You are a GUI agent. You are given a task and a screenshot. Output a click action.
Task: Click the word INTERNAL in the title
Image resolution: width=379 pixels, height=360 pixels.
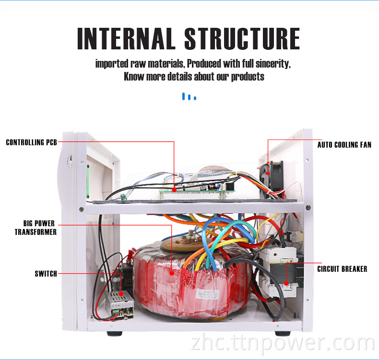click(126, 39)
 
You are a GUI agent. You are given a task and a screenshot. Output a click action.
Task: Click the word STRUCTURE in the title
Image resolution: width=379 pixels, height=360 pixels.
click(242, 39)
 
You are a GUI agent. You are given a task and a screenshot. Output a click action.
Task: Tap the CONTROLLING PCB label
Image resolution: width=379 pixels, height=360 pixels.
click(31, 142)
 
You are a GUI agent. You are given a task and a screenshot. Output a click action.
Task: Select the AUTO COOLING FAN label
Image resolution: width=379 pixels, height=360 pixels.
click(344, 145)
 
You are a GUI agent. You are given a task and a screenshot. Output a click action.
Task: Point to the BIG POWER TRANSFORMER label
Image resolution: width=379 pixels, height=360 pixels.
click(36, 228)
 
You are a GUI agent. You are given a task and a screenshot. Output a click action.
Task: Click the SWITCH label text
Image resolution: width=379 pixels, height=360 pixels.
click(46, 274)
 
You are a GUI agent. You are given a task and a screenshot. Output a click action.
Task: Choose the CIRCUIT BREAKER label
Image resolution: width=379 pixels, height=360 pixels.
click(342, 269)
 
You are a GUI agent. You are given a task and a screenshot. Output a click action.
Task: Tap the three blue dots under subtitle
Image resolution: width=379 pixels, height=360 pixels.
click(189, 97)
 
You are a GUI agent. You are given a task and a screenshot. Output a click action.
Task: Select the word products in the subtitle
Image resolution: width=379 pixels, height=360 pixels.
click(248, 77)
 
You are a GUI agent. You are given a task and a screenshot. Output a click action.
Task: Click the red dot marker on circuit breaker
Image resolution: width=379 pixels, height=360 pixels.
click(286, 283)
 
